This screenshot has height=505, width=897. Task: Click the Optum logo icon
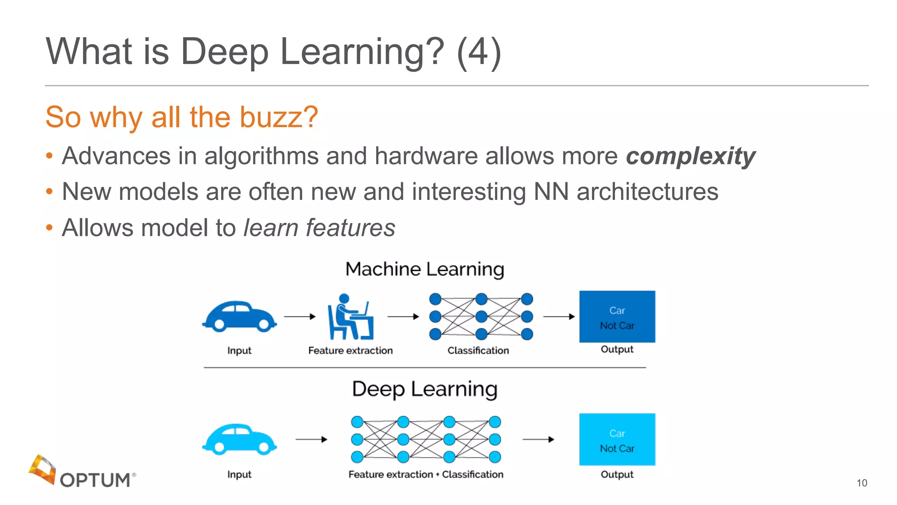click(42, 469)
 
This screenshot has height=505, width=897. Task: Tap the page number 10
click(862, 483)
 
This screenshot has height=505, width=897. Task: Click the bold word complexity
click(691, 156)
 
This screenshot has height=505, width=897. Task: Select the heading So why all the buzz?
click(182, 117)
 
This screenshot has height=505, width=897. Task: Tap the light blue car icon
click(239, 439)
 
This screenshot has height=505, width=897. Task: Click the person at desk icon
click(350, 317)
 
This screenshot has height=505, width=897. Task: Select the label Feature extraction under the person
click(350, 350)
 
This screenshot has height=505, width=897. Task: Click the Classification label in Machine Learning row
click(478, 350)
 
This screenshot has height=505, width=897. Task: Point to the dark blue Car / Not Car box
click(617, 317)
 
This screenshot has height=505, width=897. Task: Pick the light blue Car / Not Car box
click(617, 439)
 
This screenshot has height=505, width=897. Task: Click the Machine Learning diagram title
click(424, 269)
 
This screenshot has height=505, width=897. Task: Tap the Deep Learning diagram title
click(424, 389)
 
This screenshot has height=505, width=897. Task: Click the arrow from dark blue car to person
click(300, 317)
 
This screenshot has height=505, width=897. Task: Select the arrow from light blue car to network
click(311, 439)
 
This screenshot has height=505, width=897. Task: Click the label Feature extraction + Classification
click(426, 474)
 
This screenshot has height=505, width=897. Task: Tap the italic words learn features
click(319, 228)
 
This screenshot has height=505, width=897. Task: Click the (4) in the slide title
click(478, 52)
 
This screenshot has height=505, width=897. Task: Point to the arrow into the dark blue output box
click(558, 317)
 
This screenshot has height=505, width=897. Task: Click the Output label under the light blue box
click(617, 474)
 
